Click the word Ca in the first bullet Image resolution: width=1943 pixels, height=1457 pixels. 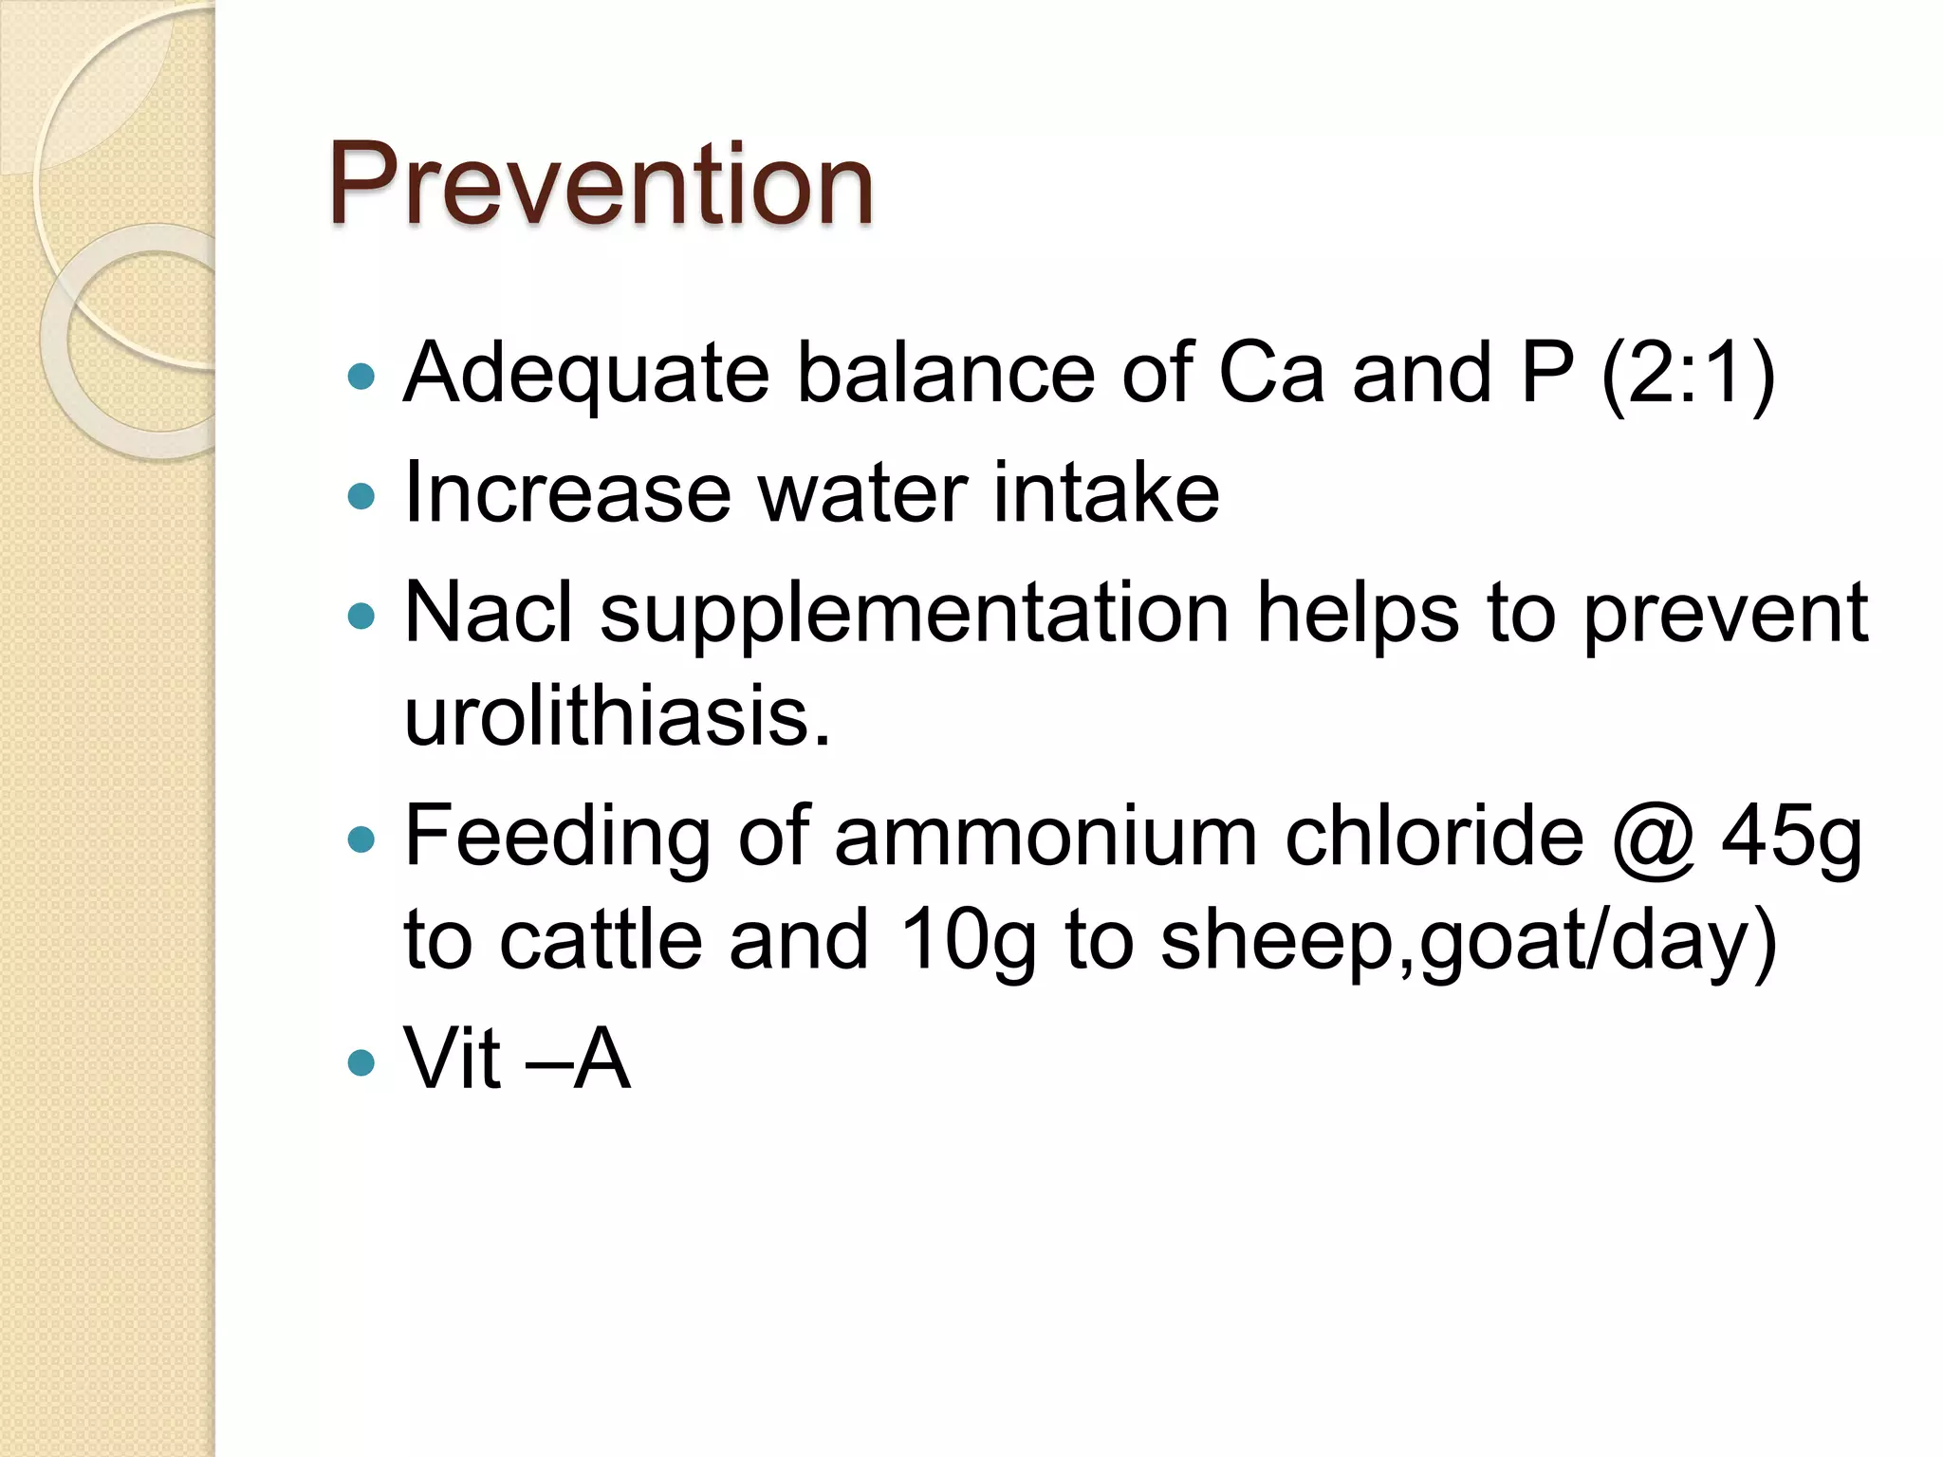click(1270, 374)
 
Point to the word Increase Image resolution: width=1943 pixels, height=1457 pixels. click(566, 493)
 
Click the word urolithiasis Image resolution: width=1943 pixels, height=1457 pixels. click(617, 716)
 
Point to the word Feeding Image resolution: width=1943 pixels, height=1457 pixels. click(558, 839)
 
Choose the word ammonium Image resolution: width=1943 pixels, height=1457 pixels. click(1046, 839)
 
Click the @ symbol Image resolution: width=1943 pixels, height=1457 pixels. click(1652, 839)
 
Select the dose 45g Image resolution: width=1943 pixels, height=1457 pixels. click(1792, 839)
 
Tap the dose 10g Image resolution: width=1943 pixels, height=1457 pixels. click(967, 941)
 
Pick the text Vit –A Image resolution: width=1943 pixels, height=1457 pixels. click(517, 1059)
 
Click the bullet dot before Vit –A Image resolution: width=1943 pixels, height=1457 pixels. click(361, 1061)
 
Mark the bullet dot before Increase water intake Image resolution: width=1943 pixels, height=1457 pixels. click(361, 496)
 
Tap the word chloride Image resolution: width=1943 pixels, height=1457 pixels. click(1434, 837)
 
